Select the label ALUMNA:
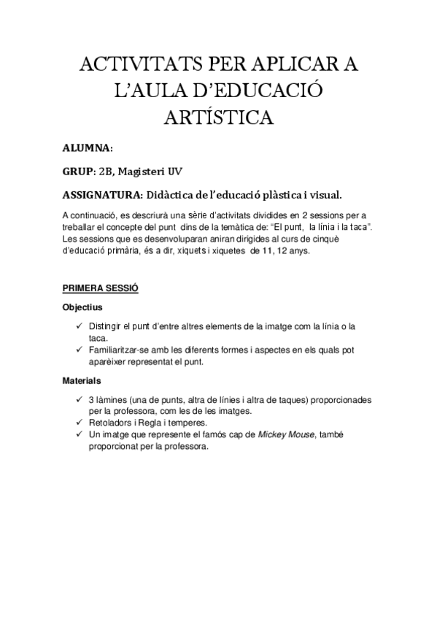click(88, 148)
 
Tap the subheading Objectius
click(82, 307)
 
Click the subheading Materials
click(82, 381)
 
